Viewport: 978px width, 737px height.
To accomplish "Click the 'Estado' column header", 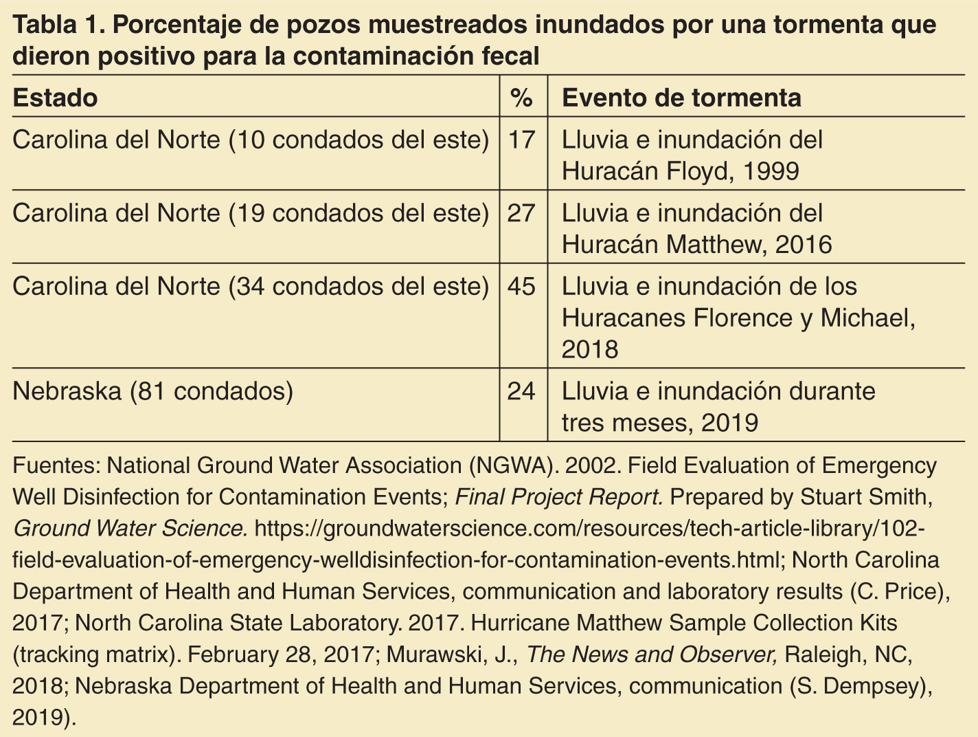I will pyautogui.click(x=55, y=98).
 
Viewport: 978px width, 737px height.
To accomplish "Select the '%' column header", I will pyautogui.click(x=522, y=98).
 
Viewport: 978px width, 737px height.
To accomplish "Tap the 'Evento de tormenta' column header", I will pyautogui.click(x=681, y=98).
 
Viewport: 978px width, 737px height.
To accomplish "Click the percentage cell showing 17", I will pyautogui.click(x=522, y=140).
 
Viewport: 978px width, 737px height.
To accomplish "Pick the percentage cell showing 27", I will pyautogui.click(x=522, y=213).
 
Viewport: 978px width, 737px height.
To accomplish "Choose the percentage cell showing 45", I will pyautogui.click(x=522, y=286).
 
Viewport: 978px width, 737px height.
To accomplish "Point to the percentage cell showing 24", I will pyautogui.click(x=522, y=391).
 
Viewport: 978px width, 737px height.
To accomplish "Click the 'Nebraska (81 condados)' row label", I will pyautogui.click(x=153, y=391).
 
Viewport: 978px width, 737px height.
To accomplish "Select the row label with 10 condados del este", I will pyautogui.click(x=251, y=140).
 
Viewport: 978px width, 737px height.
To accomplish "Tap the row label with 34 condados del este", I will pyautogui.click(x=251, y=286).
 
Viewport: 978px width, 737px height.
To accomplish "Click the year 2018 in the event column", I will pyautogui.click(x=590, y=350).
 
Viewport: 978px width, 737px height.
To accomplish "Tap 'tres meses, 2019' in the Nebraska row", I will pyautogui.click(x=660, y=423).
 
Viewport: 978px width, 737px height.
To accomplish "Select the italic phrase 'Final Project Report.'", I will pyautogui.click(x=559, y=497).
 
